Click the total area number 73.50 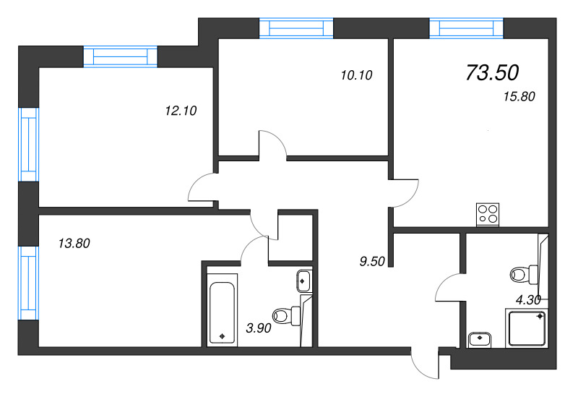493,72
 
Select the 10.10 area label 355,74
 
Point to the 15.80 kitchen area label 519,96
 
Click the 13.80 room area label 74,244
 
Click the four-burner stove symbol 488,213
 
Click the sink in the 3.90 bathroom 303,279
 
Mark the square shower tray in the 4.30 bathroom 527,329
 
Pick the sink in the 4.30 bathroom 479,339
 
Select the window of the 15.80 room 465,28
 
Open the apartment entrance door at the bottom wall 425,363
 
